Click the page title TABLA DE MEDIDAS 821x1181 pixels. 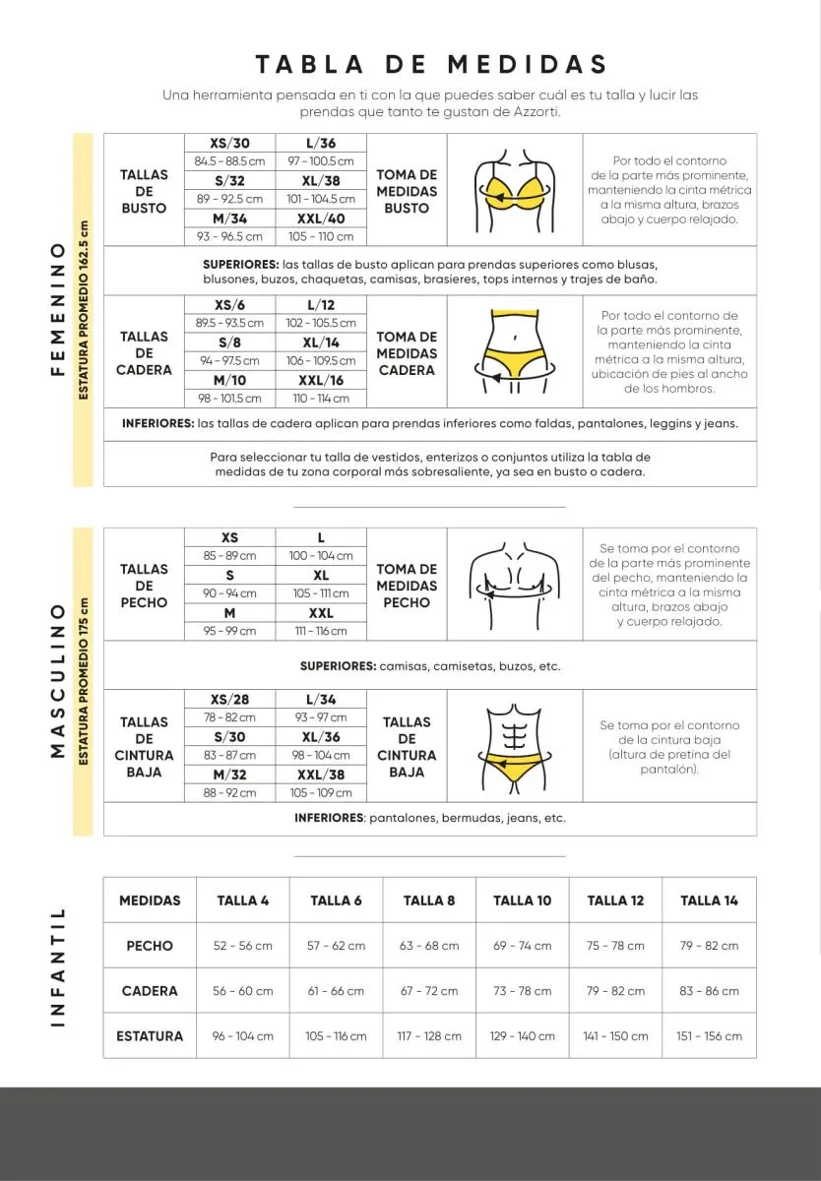(x=431, y=65)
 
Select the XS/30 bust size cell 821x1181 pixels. (x=229, y=143)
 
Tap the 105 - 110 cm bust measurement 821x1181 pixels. (x=321, y=236)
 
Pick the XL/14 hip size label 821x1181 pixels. (x=321, y=342)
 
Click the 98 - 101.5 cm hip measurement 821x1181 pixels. (x=229, y=399)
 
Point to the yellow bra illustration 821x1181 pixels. (x=515, y=189)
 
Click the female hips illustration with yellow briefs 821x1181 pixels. (x=515, y=351)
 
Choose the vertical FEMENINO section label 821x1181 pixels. (x=57, y=309)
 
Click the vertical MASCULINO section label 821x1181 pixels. (x=57, y=680)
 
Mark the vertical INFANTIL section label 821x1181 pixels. (x=57, y=967)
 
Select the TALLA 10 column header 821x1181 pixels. (x=522, y=901)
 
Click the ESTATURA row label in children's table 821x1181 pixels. (x=150, y=1036)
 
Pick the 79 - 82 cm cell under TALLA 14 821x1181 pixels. (x=709, y=946)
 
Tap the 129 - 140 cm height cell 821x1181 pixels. (x=522, y=1036)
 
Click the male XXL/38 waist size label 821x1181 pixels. (x=321, y=775)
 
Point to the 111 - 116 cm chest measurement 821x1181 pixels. (x=321, y=631)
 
